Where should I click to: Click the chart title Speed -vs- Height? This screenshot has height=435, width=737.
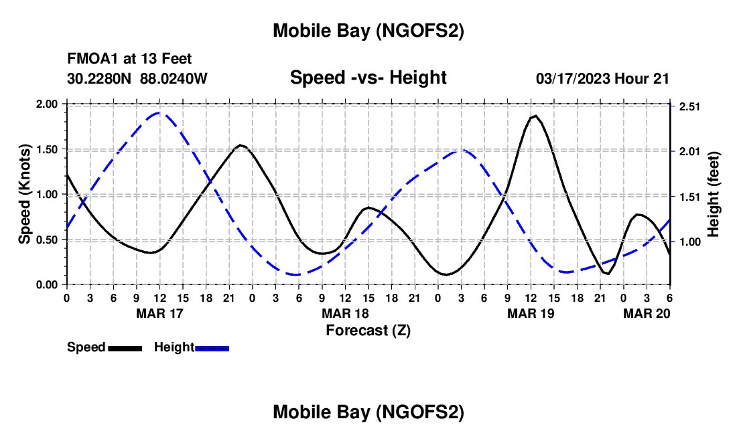[368, 78]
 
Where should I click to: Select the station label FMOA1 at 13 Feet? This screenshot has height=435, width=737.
[129, 60]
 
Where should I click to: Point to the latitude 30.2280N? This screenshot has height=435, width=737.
[100, 78]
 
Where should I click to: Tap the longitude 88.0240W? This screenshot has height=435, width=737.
[174, 78]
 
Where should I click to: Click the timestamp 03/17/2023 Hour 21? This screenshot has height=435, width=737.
[602, 78]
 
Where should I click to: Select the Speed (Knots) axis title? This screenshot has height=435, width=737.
[25, 194]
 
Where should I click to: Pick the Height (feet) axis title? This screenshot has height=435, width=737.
[713, 194]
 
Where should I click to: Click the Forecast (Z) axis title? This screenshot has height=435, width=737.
[368, 330]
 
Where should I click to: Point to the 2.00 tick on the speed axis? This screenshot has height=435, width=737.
[47, 104]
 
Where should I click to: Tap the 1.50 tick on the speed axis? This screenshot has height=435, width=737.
[47, 149]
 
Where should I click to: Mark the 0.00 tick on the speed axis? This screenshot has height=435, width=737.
[47, 284]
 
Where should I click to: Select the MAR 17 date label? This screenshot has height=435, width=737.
[159, 313]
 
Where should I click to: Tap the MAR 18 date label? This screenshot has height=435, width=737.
[345, 313]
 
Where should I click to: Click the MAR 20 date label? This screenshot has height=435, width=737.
[647, 313]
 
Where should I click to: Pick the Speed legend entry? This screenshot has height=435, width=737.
[86, 347]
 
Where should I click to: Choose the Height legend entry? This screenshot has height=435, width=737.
[174, 347]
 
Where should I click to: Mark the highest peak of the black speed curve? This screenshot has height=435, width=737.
[535, 116]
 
